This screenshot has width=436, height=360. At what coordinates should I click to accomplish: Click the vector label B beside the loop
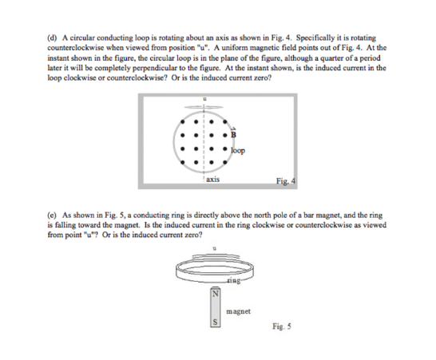click(x=235, y=133)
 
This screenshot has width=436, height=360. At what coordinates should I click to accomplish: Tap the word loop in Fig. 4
click(x=237, y=149)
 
